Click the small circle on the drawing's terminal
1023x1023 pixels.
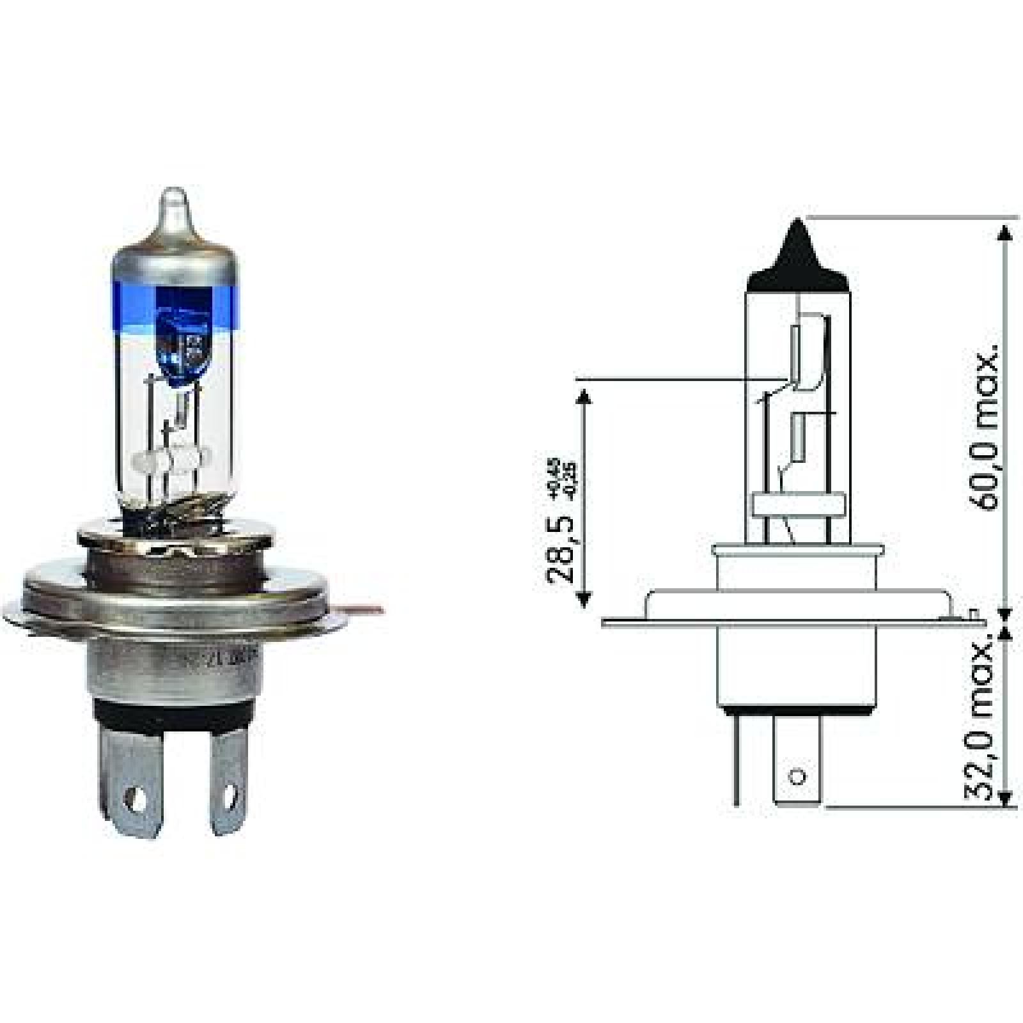(x=796, y=777)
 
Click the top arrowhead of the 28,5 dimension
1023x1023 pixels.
(x=582, y=400)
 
